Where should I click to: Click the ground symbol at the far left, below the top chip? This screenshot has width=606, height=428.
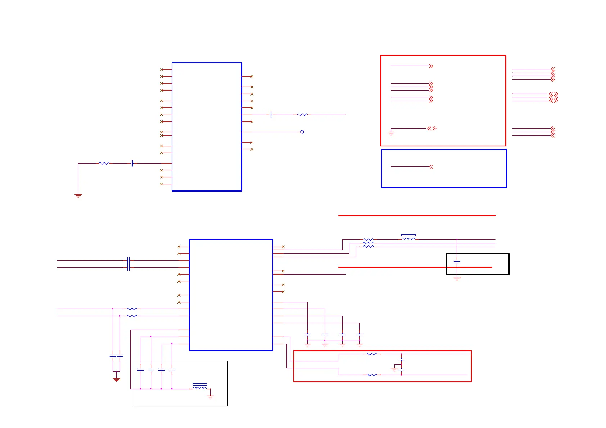click(78, 196)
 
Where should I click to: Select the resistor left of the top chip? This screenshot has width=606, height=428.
click(104, 163)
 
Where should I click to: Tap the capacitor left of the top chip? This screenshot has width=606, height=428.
click(132, 163)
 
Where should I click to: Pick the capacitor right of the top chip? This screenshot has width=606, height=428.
click(271, 115)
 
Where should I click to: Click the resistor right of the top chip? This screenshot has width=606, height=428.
click(302, 115)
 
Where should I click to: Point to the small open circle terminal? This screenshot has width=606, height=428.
click(302, 132)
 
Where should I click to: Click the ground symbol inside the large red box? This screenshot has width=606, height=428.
click(391, 133)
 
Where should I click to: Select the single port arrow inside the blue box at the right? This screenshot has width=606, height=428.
click(431, 167)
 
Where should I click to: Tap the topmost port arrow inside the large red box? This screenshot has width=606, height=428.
click(431, 66)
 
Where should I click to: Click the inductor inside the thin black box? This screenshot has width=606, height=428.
click(200, 387)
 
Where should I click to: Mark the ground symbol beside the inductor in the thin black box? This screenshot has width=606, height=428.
click(210, 397)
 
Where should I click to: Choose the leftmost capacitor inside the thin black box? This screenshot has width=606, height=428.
click(141, 369)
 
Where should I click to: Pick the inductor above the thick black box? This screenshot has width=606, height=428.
click(408, 238)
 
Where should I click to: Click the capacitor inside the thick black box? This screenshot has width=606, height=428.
click(457, 263)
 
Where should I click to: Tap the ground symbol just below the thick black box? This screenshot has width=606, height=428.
click(457, 279)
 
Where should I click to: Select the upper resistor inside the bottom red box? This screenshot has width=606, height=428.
click(372, 354)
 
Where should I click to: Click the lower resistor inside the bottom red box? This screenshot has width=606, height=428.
click(372, 375)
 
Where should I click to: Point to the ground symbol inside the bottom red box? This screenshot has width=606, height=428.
click(394, 369)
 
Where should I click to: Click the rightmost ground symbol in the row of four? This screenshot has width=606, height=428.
click(359, 345)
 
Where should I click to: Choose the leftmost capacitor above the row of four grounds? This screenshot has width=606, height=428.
click(307, 335)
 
